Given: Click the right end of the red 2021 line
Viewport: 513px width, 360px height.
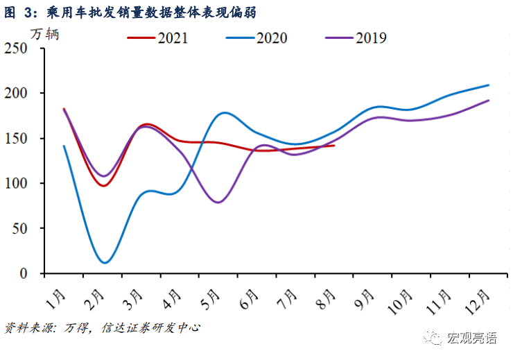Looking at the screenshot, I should [334, 146].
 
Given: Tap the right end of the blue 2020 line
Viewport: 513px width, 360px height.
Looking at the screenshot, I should [489, 85].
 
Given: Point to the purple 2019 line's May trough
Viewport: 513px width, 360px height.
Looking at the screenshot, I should [218, 203].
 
